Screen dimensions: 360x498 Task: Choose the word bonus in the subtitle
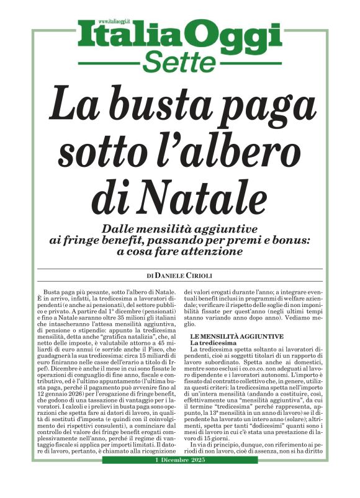click(x=297, y=240)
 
